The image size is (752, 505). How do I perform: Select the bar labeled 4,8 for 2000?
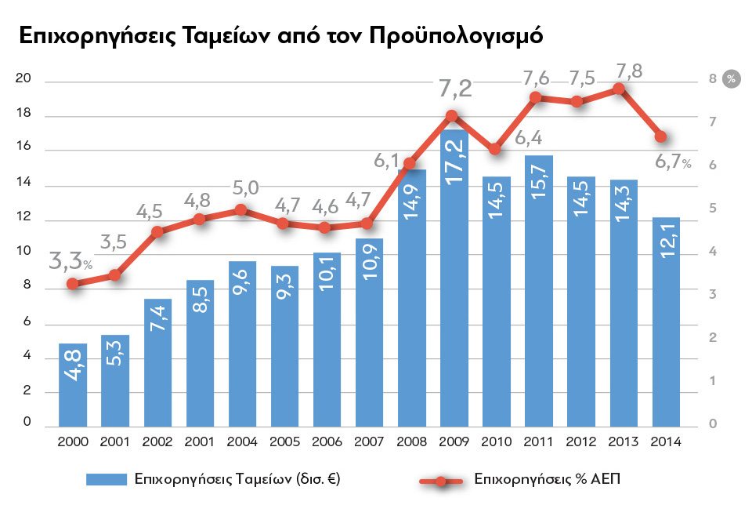coord(73,384)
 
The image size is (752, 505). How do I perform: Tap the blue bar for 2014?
coord(666,322)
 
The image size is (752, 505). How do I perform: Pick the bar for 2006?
coord(327,337)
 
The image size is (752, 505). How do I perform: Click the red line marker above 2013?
coord(619,89)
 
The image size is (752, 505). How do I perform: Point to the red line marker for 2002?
coord(157,231)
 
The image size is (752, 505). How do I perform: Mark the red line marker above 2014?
coord(661,136)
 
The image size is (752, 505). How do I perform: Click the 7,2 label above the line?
coord(455,89)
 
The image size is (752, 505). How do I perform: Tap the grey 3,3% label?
coord(70,261)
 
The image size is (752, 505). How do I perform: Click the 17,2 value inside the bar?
coord(455,163)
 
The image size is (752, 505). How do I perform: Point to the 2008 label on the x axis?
coord(412,441)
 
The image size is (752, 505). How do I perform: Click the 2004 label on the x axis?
coord(243,441)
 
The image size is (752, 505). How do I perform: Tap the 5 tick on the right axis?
coord(713,209)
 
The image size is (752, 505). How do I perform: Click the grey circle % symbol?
coord(731,78)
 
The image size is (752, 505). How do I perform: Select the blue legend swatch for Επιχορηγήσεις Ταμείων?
coord(105,478)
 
